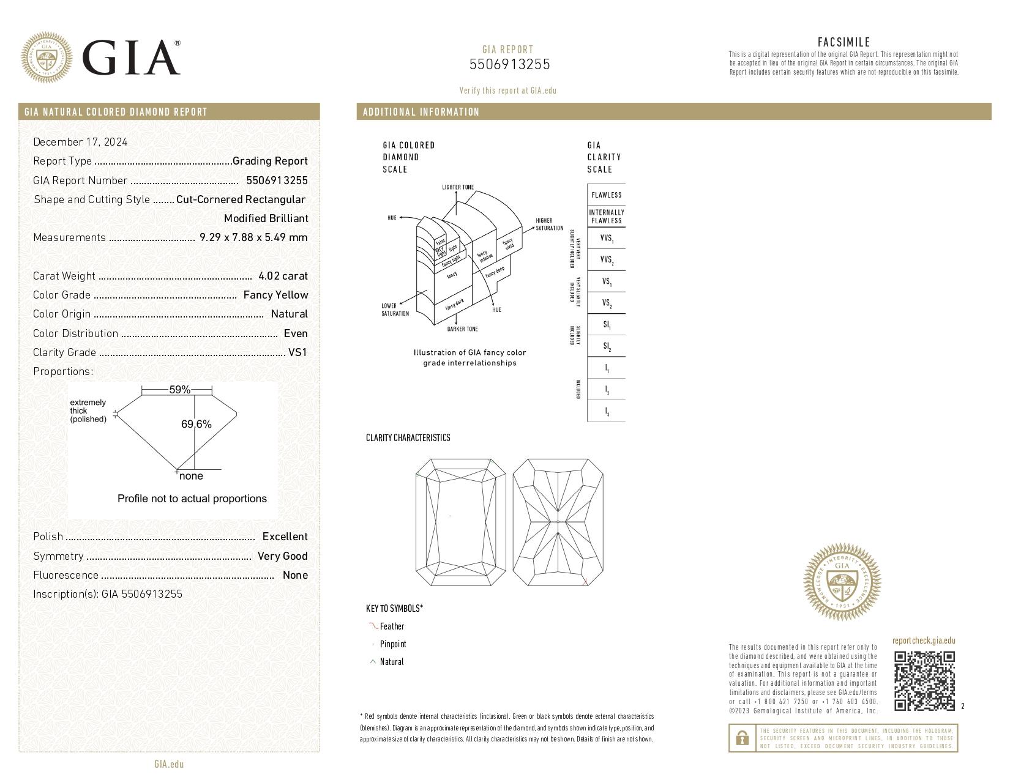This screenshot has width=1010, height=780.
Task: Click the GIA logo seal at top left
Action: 47,58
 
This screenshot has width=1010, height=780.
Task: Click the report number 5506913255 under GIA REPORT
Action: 509,64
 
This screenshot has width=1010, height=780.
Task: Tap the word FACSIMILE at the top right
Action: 844,42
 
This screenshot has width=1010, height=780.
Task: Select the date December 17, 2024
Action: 80,142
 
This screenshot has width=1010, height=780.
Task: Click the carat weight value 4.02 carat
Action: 283,276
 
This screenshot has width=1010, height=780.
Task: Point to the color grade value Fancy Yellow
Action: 275,295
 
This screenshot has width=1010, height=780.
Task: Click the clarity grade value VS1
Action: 297,352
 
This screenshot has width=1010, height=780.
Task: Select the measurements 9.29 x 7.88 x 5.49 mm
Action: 253,237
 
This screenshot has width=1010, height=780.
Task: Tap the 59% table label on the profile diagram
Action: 179,390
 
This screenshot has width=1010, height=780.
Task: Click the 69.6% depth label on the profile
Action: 196,424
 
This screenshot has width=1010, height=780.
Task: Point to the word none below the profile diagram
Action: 191,476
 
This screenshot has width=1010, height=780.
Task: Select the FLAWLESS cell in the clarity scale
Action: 606,195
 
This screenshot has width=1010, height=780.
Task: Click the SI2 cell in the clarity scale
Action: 606,346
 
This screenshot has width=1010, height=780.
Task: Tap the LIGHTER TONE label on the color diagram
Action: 457,187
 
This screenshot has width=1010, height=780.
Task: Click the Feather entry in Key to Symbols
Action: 392,626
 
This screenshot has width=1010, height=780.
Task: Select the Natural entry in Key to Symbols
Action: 392,662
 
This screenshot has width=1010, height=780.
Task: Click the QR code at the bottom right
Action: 924,680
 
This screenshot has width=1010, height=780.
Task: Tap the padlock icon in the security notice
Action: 742,738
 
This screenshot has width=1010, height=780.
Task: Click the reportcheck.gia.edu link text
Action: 923,641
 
